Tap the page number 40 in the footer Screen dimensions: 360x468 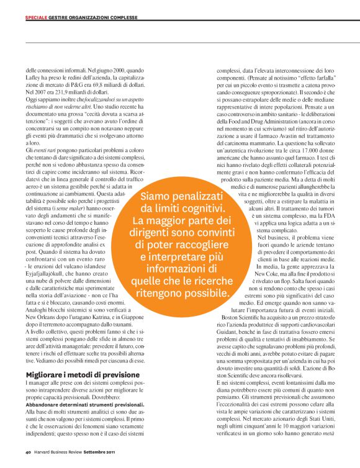coord(29,451)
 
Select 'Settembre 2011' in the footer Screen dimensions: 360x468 coord(99,451)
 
